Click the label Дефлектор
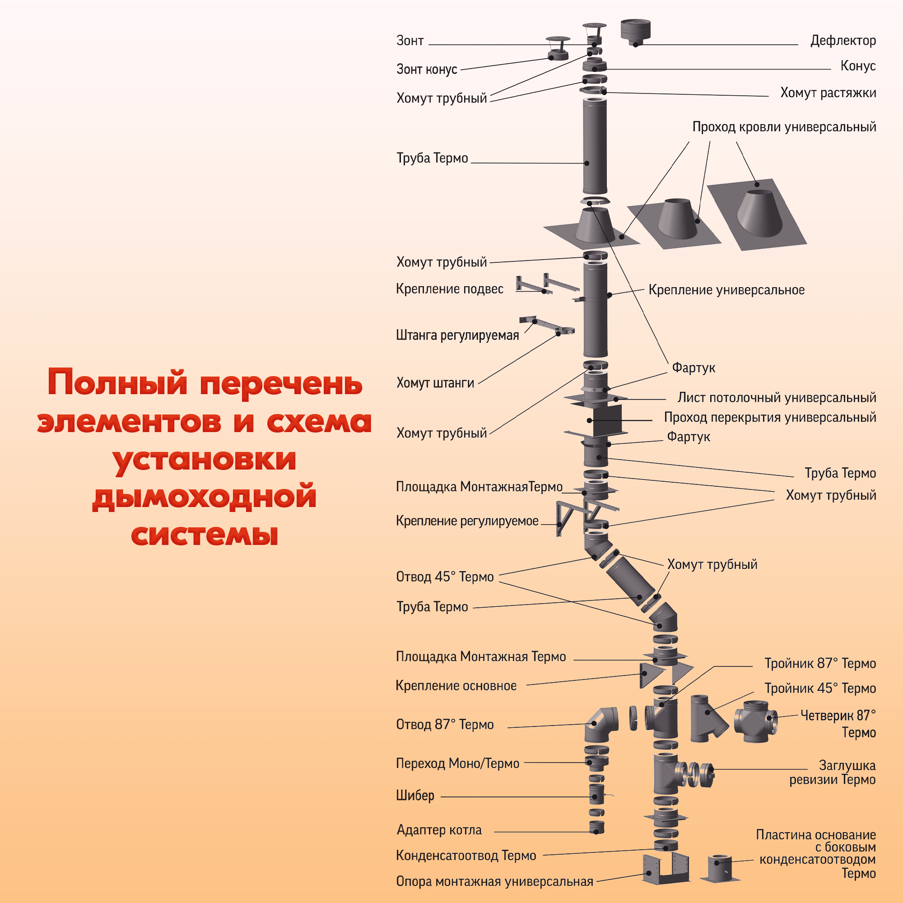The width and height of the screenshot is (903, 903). tap(842, 41)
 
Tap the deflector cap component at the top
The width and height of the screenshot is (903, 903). tap(636, 32)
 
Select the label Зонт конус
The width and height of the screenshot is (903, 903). tap(426, 70)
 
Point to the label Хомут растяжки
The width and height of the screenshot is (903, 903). tap(828, 93)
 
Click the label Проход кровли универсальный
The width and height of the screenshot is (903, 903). tap(784, 127)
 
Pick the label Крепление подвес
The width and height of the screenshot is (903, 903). tap(449, 289)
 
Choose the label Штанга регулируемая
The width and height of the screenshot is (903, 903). tap(457, 335)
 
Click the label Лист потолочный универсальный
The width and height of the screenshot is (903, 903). tap(776, 398)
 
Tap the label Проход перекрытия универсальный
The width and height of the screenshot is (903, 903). tap(770, 417)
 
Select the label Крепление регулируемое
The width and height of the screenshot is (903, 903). tap(467, 521)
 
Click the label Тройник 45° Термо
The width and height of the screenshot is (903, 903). tap(820, 689)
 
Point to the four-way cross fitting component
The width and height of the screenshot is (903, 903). tap(755, 721)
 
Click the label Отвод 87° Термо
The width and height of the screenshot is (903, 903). tap(444, 725)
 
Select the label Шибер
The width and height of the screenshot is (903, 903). tap(415, 795)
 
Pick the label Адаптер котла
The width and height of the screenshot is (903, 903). tap(439, 830)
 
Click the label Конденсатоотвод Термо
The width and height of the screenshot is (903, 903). tap(465, 856)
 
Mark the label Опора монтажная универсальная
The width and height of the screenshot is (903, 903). tap(494, 881)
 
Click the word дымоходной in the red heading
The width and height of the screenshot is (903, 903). tap(204, 496)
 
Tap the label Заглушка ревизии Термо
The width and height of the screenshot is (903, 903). tap(832, 772)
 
